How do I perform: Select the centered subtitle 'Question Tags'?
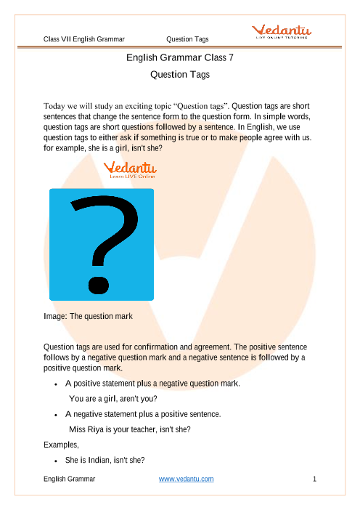click(x=179, y=74)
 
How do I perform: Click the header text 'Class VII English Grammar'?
click(x=84, y=39)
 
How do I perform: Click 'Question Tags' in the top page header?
click(x=189, y=39)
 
